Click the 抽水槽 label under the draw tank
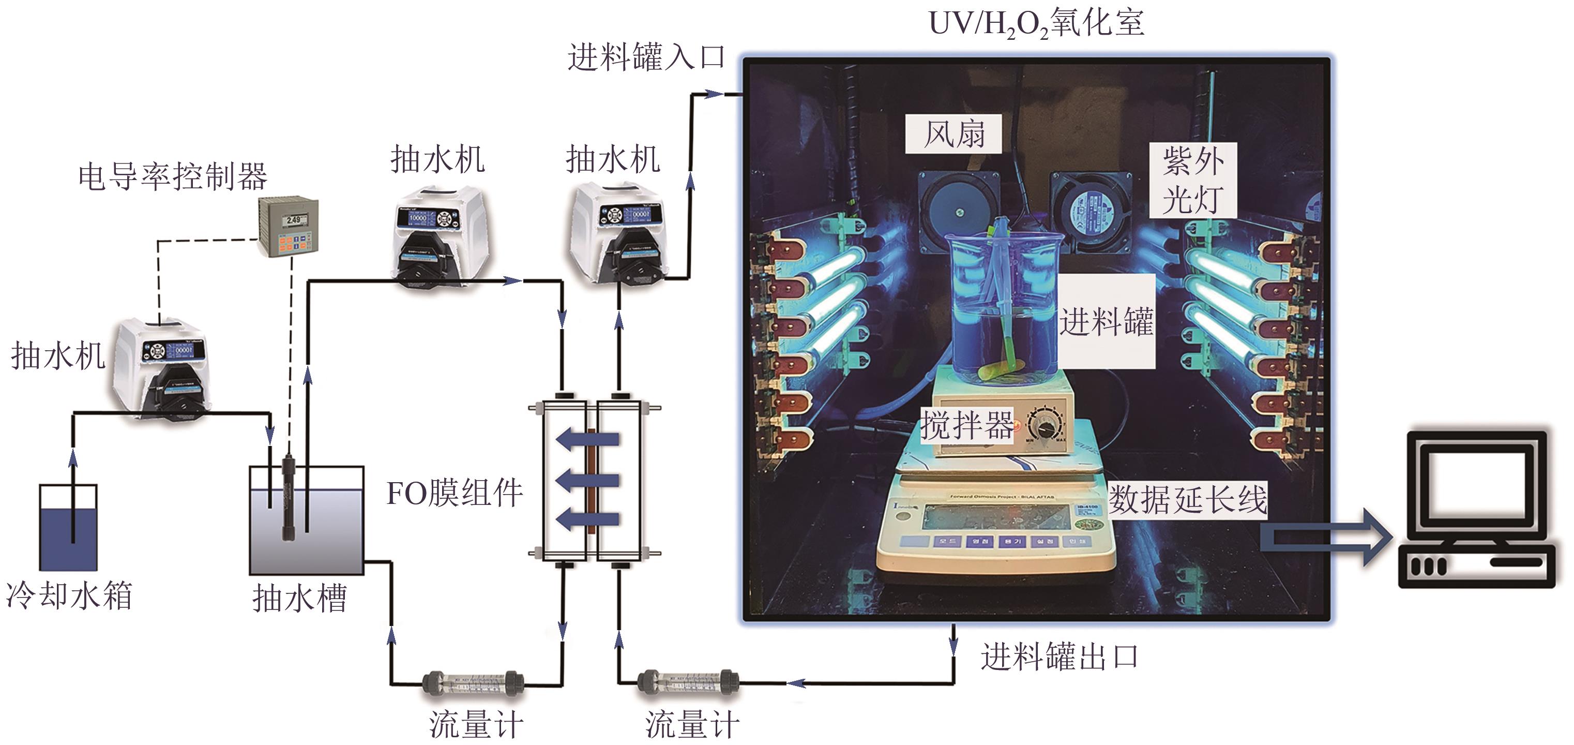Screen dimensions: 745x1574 (x=299, y=598)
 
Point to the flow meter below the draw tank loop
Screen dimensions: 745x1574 (x=473, y=683)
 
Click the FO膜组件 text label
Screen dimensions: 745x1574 (x=455, y=493)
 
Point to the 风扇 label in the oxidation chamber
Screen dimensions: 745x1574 (x=953, y=134)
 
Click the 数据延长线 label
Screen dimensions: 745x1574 (x=1188, y=500)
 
